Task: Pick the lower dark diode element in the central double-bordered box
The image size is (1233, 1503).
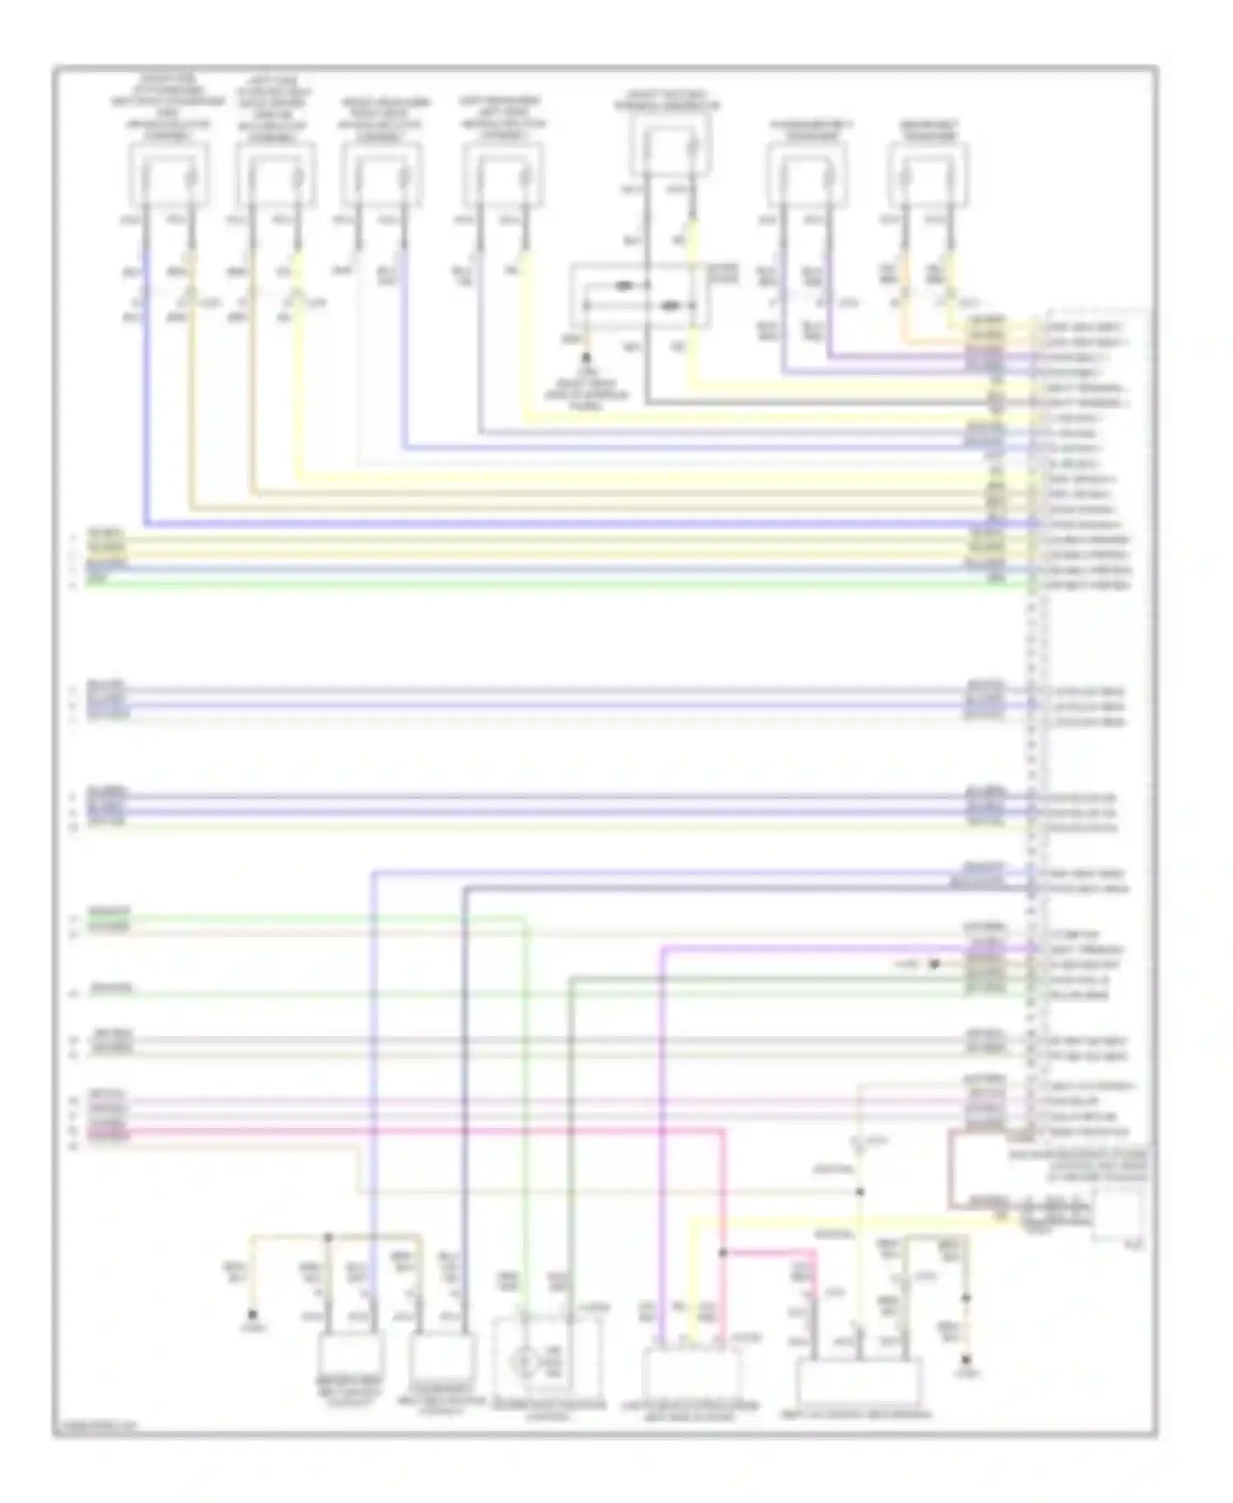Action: coord(672,307)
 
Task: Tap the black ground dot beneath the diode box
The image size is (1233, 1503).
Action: coord(586,358)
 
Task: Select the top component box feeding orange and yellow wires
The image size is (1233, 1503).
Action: coord(928,173)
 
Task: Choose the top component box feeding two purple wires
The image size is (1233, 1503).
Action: coord(806,173)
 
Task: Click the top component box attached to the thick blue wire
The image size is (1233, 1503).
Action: coord(168,173)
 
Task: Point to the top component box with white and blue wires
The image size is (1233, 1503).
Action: coord(382,173)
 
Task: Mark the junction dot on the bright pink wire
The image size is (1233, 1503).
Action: coord(723,1252)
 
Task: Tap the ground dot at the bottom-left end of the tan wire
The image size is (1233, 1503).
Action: coord(252,1315)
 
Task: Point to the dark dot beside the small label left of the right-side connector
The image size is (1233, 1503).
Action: coord(934,964)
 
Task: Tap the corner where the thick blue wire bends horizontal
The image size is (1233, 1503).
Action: coord(145,523)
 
